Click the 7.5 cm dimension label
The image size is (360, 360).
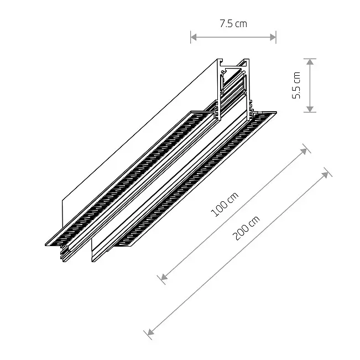[x=233, y=24]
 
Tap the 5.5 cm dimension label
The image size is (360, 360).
[x=296, y=85]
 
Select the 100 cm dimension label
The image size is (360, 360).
[x=225, y=205]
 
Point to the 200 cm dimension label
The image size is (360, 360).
[x=246, y=228]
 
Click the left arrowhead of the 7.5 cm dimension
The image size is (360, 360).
[x=194, y=37]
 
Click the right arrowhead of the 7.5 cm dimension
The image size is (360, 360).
[x=273, y=37]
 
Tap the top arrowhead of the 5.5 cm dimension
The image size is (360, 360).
[x=310, y=62]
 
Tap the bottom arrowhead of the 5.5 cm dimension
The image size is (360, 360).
[x=310, y=109]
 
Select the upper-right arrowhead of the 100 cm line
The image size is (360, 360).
[x=304, y=151]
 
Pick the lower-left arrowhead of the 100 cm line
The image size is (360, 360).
[x=164, y=277]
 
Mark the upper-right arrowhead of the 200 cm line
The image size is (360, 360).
[x=325, y=175]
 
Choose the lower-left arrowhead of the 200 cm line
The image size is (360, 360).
[x=150, y=332]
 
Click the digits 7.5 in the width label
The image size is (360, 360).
[x=226, y=24]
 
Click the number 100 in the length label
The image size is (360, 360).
[x=219, y=210]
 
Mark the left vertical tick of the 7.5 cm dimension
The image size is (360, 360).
[x=191, y=37]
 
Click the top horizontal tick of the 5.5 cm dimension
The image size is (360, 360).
[x=310, y=59]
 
